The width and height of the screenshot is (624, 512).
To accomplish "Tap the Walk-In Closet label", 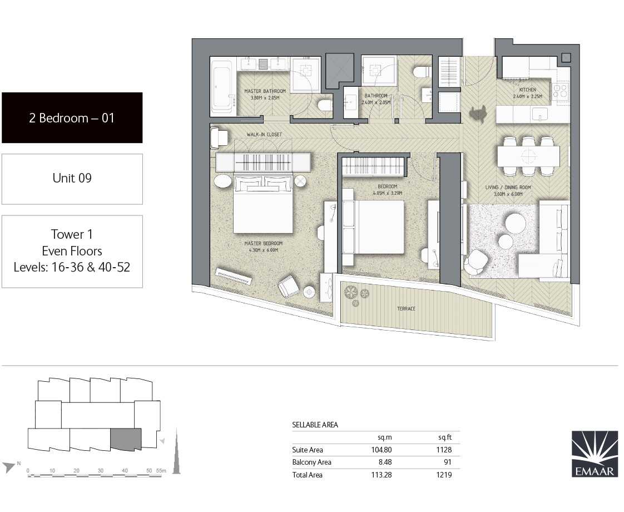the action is point(264,135).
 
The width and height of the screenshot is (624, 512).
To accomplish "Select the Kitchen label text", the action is point(528,90).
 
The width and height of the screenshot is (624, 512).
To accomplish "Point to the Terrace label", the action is point(406,308).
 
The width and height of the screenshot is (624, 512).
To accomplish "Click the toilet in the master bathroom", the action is point(325,105).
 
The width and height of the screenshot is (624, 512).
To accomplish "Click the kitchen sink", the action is point(540,114).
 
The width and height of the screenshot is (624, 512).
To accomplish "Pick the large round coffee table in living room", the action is point(514,223).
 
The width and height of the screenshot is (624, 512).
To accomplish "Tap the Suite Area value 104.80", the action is point(382,450).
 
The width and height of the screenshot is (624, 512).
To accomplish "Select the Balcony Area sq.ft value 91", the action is point(447,462).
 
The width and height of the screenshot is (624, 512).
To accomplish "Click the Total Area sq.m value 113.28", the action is point(382,475).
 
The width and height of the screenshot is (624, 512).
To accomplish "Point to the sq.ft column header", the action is point(445,437).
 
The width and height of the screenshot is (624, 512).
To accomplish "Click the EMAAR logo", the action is point(595,454).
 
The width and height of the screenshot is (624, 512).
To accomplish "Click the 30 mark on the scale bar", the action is point(101,471).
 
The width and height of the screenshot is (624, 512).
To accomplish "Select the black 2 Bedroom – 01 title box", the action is point(72,118).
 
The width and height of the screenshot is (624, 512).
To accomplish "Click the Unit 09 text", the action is point(72,178).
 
